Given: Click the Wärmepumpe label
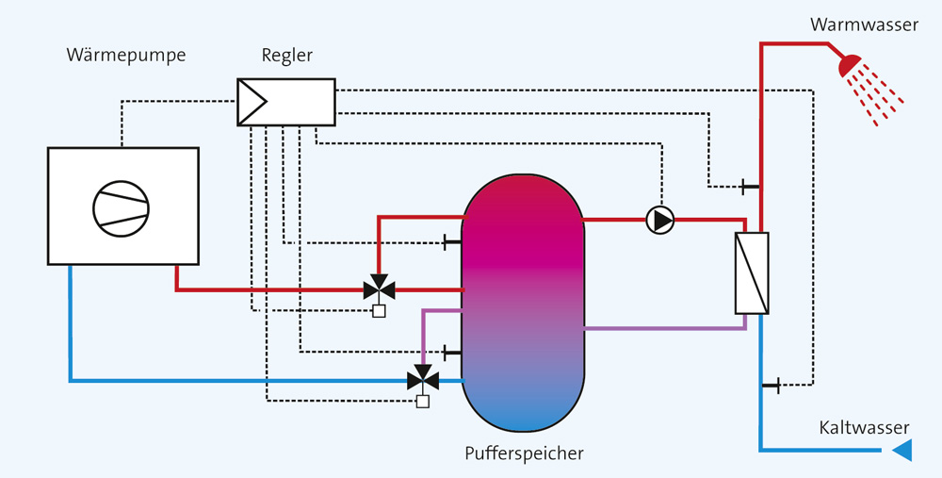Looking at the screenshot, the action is (x=126, y=56).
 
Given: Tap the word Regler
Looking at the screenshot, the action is (x=287, y=57).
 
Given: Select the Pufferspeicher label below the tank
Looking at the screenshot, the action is (x=524, y=453).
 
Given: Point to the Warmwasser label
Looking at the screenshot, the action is (x=864, y=25).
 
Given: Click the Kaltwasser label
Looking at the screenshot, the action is (x=864, y=427).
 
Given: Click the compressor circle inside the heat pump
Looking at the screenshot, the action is (x=121, y=208).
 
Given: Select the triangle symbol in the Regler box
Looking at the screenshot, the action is (x=252, y=102).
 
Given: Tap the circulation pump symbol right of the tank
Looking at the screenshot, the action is (x=660, y=220).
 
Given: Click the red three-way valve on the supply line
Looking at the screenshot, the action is (x=379, y=288).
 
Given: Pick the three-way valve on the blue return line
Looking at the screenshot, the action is (x=423, y=379).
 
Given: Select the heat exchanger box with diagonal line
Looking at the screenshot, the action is (x=752, y=273).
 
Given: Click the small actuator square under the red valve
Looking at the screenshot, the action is (x=379, y=311).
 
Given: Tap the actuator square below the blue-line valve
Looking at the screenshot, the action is (x=423, y=402).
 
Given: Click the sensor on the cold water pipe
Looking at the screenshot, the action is (x=771, y=385).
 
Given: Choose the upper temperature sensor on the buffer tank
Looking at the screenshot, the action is (x=452, y=243).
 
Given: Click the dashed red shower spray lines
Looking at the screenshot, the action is (x=878, y=96).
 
